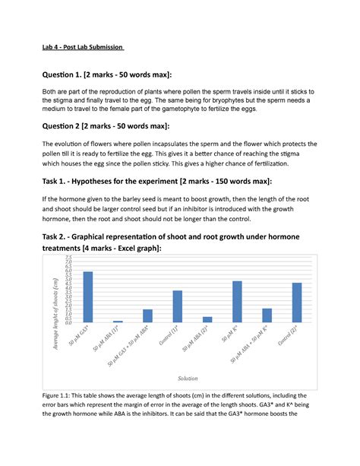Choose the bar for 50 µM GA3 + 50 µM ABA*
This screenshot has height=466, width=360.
[x=147, y=315]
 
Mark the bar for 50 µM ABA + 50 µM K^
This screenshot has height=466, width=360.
[x=267, y=315]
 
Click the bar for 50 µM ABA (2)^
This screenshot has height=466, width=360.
[x=207, y=319]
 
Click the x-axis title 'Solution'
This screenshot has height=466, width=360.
[x=188, y=378]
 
